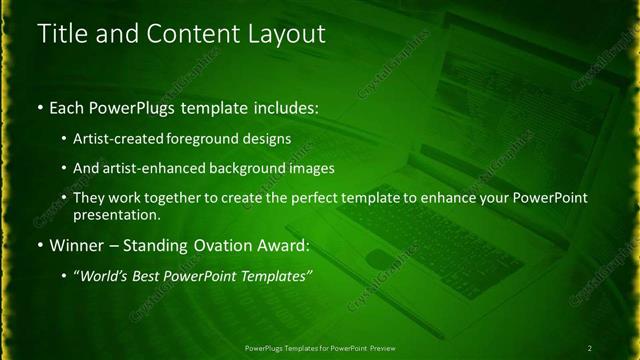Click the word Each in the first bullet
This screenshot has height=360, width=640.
click(69, 106)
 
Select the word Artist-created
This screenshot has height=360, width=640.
click(118, 138)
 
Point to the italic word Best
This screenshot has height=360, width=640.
click(149, 276)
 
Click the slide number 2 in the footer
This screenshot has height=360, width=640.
click(590, 348)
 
